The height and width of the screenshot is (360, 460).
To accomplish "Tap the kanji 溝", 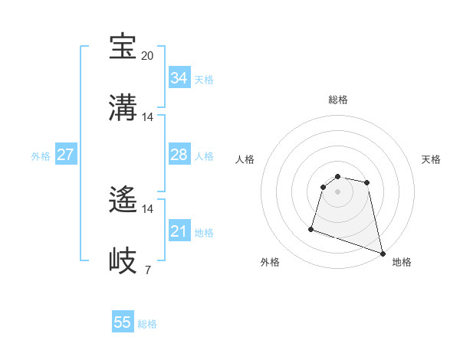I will [x=123, y=107].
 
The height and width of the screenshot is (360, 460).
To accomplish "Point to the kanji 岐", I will [x=123, y=260].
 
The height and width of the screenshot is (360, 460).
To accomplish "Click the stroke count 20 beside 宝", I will [x=148, y=56].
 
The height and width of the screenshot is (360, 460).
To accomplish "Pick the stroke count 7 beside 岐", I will [x=148, y=270].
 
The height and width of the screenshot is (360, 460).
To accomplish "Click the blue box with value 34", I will [x=179, y=78].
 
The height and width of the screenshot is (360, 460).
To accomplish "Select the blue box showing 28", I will [x=179, y=155].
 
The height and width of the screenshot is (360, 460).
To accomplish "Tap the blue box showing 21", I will [x=179, y=231].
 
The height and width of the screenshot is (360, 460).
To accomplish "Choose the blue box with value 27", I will [x=65, y=155].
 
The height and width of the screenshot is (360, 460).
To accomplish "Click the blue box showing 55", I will [x=123, y=322].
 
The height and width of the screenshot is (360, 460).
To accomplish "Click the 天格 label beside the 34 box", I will [x=204, y=80].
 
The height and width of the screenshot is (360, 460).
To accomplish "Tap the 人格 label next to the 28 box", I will [x=204, y=156].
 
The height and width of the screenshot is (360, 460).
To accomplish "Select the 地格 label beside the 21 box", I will [x=204, y=233].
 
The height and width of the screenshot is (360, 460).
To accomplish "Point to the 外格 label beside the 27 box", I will [x=41, y=156].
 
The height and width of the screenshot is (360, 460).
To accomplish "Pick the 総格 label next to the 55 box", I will [x=147, y=324].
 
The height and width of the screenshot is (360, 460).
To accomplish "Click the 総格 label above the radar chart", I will [x=338, y=100].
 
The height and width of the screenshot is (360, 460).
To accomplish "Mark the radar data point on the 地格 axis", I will [x=382, y=252].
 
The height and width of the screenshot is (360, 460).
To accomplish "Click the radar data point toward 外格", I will [x=311, y=228].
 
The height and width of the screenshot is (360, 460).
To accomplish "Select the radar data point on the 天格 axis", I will [x=367, y=182].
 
